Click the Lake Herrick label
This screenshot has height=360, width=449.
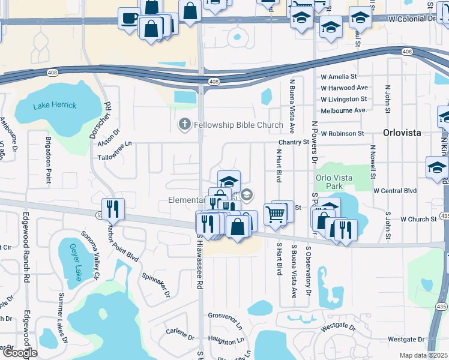pos(55,106)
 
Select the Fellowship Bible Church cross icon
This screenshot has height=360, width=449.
pos(185,125)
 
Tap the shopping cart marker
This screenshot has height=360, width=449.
pos(274,214)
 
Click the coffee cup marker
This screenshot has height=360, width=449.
pos(129,18)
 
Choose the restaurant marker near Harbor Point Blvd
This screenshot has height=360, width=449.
pos(112,209)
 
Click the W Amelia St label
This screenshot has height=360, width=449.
pos(339,77)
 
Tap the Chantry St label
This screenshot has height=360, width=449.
pos(292,142)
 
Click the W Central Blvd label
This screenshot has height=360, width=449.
pos(394,191)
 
